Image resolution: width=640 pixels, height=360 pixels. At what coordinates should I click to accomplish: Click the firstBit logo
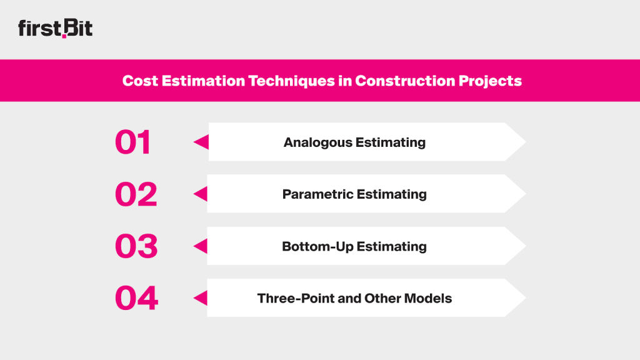[x=55, y=29]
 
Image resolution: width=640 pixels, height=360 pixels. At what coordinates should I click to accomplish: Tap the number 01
[x=133, y=142]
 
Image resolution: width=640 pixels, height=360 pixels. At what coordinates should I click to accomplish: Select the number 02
[x=136, y=194]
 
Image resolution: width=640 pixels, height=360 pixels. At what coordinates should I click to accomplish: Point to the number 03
[x=136, y=246]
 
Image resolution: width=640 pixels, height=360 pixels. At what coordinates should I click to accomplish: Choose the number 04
[x=136, y=298]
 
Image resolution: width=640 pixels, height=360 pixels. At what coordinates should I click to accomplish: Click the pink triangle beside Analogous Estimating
[x=201, y=142]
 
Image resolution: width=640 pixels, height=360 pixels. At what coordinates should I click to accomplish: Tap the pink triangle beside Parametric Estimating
[x=201, y=194]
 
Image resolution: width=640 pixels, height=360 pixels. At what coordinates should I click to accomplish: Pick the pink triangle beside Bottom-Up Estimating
[x=201, y=246]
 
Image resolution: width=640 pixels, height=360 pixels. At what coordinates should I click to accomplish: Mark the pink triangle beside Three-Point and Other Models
[x=201, y=298]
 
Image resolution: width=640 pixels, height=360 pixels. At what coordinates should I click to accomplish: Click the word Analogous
[x=317, y=142]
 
